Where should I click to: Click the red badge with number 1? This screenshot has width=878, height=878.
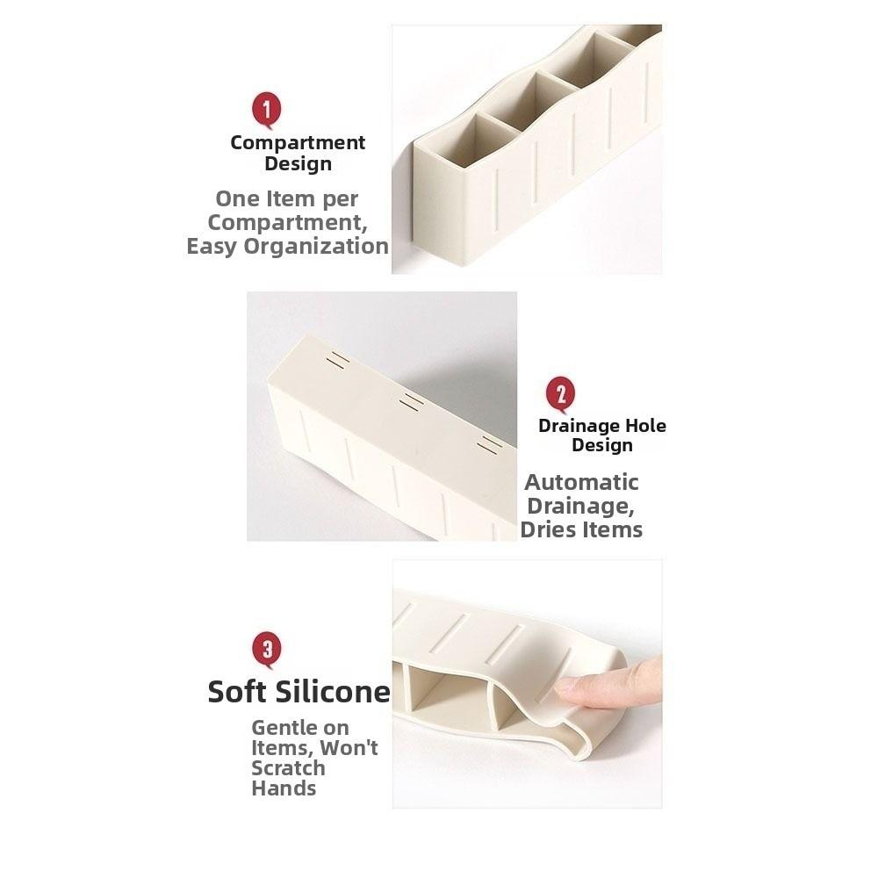267,112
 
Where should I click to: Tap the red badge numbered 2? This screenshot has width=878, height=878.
561,393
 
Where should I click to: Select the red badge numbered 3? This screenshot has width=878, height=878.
267,650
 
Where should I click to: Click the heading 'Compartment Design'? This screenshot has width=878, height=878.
298,153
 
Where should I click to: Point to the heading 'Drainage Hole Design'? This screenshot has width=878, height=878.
602,435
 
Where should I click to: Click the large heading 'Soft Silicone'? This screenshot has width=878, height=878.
299,692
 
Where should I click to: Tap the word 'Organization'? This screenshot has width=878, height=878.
316,246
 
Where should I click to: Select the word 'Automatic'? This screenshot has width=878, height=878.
581,482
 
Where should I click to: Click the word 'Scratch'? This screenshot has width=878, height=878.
288,768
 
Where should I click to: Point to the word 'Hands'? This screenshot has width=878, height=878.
284,788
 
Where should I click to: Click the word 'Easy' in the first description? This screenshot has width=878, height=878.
212,246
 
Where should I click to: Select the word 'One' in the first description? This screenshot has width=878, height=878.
237,199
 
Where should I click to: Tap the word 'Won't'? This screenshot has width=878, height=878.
349,748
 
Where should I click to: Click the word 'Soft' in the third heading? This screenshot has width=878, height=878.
238,692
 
